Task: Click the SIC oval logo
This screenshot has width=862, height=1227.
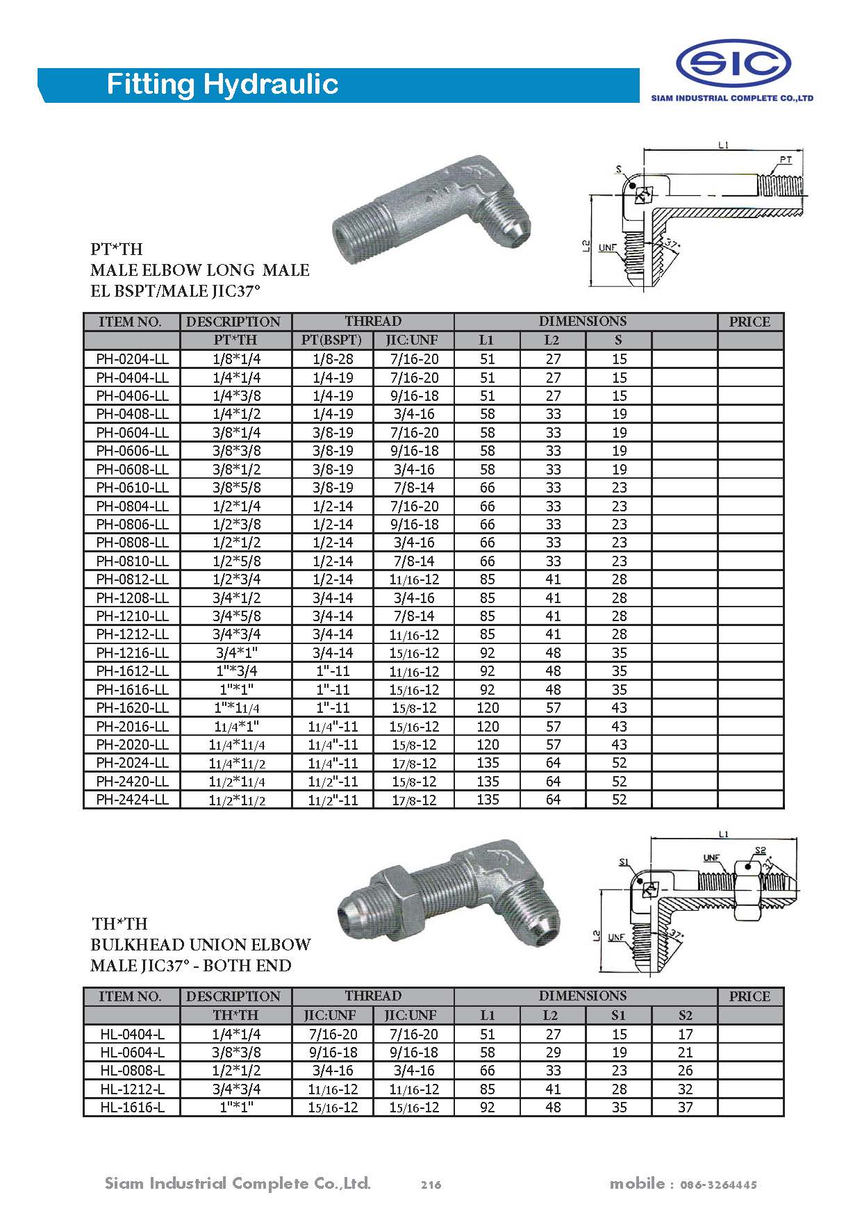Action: [733, 64]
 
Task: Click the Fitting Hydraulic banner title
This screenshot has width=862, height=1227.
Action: [222, 85]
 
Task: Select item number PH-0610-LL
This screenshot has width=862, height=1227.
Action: [132, 488]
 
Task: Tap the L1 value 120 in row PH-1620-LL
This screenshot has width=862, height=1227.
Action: [488, 708]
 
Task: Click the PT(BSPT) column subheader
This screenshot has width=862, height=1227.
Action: [332, 340]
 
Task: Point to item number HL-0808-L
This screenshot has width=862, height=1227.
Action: [132, 1071]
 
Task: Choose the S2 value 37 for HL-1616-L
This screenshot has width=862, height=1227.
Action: [685, 1107]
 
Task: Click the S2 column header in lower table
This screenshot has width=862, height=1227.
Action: [685, 1015]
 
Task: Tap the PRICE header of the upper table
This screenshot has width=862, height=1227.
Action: [749, 322]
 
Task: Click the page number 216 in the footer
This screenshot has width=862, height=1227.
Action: [431, 1185]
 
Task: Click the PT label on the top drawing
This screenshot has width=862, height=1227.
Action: [785, 160]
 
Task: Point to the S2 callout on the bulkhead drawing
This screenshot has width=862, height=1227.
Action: [760, 851]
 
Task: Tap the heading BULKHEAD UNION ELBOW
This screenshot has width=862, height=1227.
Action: [201, 945]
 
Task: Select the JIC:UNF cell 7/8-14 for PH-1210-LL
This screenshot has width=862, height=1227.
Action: [413, 616]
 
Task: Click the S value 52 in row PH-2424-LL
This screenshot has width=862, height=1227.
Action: [619, 800]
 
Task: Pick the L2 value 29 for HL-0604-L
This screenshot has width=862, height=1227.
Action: [552, 1053]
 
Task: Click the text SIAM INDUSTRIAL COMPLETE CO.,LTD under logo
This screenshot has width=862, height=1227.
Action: [731, 99]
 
